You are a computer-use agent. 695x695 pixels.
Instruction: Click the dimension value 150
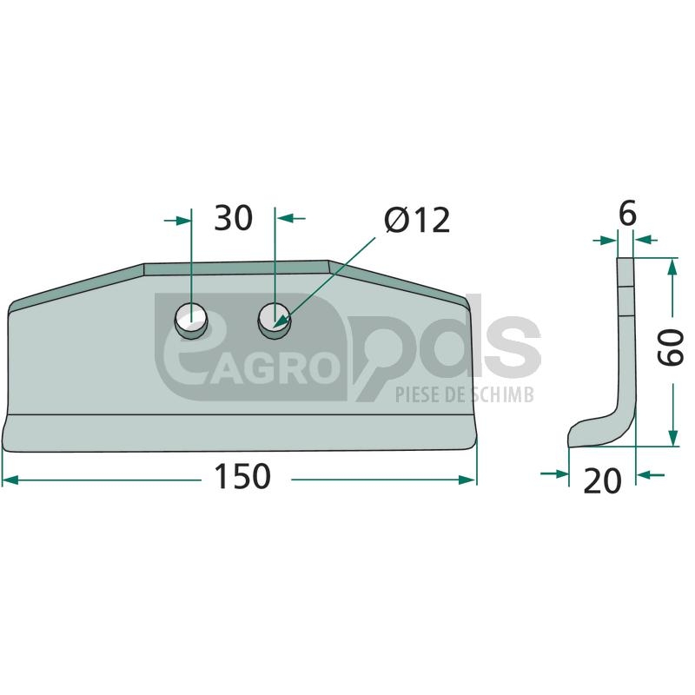tap(242, 476)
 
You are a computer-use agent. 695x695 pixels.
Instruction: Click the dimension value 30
tap(233, 218)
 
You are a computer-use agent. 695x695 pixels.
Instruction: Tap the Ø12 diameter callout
tap(418, 220)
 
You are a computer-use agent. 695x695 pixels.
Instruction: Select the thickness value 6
tap(627, 213)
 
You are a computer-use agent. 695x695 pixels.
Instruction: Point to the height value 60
tap(670, 347)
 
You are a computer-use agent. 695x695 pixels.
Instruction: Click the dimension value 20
tap(602, 481)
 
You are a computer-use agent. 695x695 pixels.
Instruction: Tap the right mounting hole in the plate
tap(275, 321)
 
